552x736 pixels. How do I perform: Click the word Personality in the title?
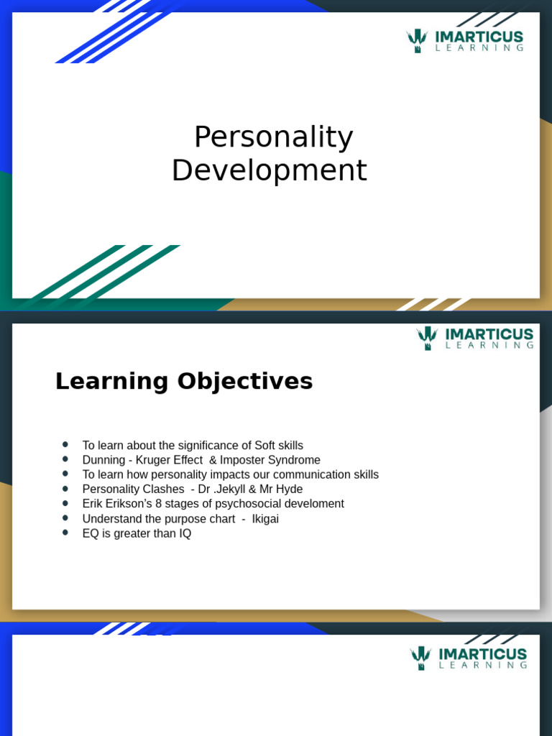pyautogui.click(x=273, y=138)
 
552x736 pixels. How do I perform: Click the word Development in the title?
pyautogui.click(x=270, y=171)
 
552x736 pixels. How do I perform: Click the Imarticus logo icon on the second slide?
pyautogui.click(x=427, y=338)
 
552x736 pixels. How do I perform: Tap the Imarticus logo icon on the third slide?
pyautogui.click(x=420, y=658)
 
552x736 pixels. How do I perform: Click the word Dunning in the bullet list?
pyautogui.click(x=103, y=460)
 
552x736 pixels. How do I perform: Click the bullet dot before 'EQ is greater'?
pyautogui.click(x=65, y=533)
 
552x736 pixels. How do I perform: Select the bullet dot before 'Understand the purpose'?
pyautogui.click(x=65, y=518)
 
